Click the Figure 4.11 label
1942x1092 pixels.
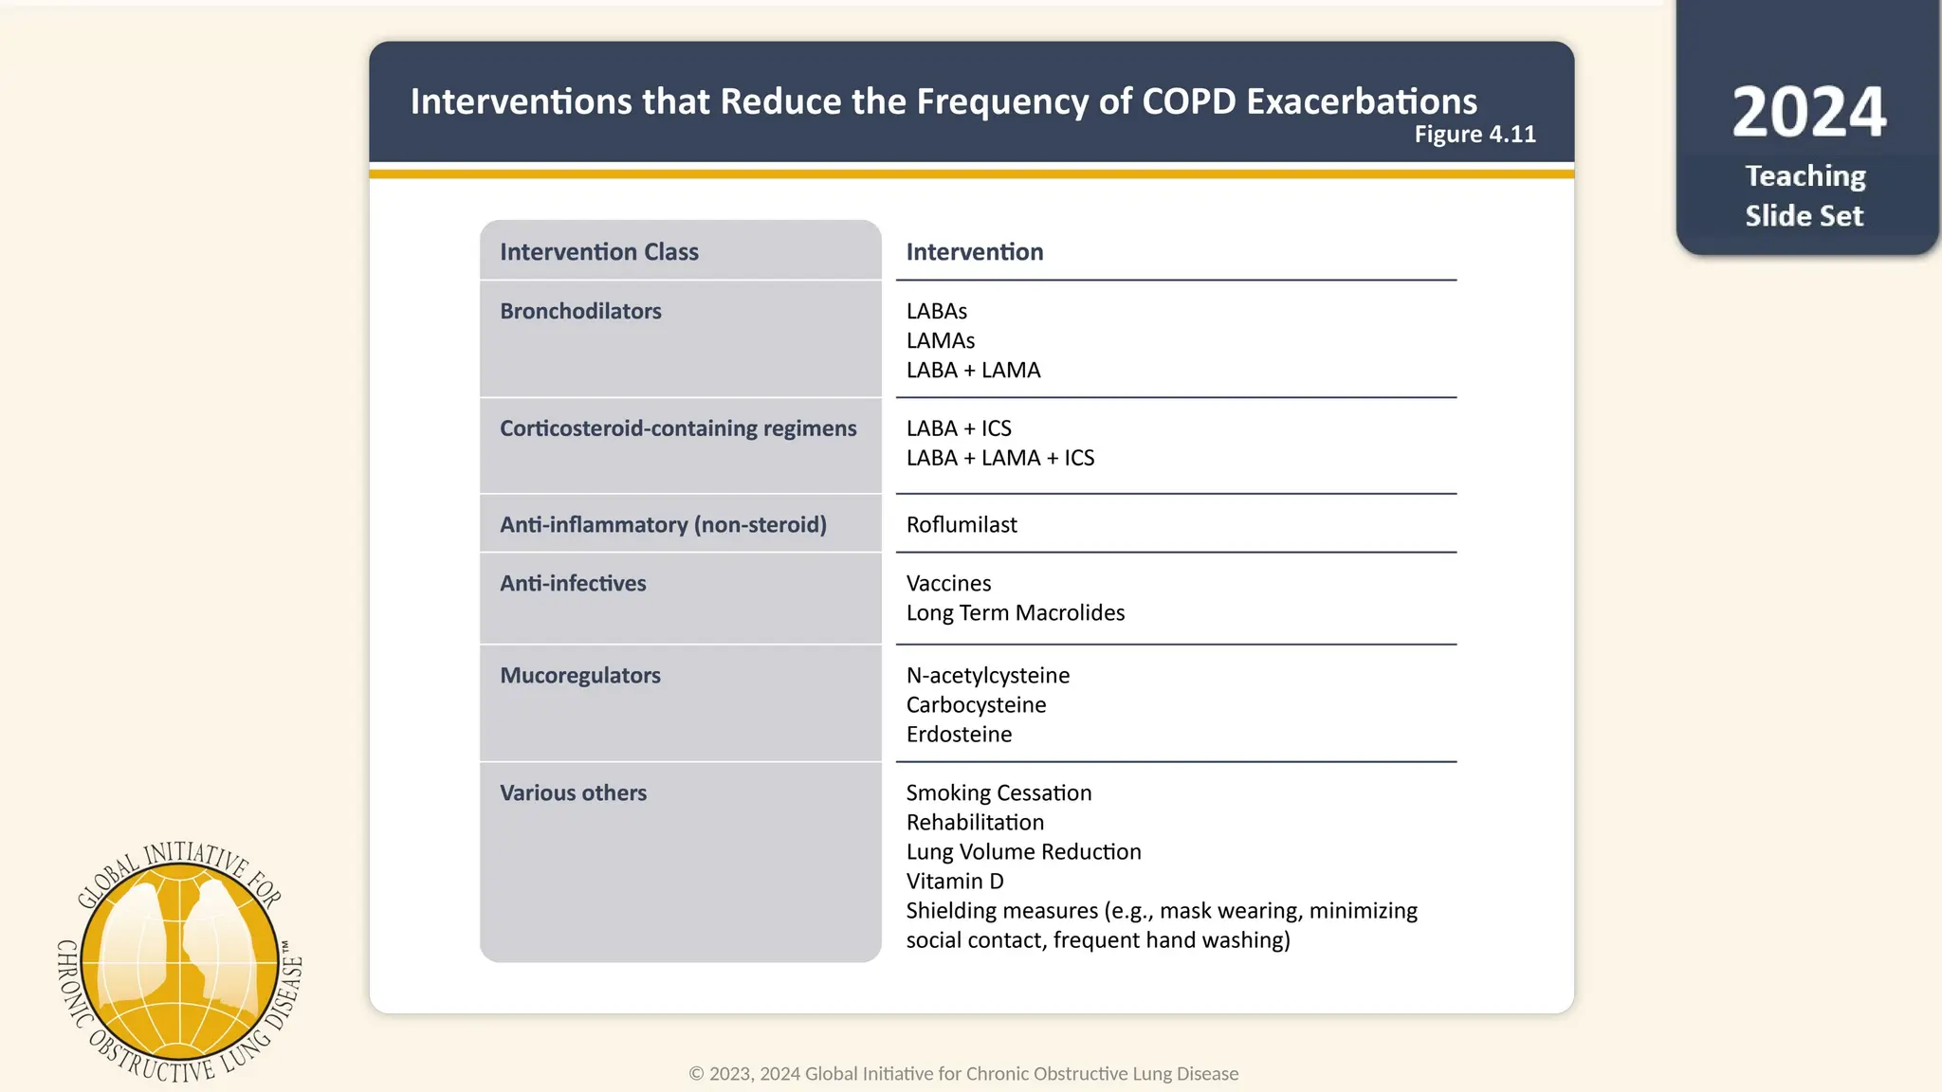point(1475,135)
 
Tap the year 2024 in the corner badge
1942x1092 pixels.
point(1808,112)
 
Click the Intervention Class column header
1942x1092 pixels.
point(598,252)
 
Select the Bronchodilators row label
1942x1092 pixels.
point(580,311)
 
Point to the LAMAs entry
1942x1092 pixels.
point(940,340)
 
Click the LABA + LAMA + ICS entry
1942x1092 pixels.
point(999,458)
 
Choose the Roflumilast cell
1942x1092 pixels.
point(961,524)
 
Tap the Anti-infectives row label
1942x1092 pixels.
point(573,583)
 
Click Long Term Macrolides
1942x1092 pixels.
point(1015,612)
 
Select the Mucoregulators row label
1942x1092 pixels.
point(579,675)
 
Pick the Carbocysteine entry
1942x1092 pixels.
point(976,704)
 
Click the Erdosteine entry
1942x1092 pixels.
point(959,734)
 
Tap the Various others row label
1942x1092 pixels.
point(573,792)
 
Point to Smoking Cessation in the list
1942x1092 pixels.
point(998,792)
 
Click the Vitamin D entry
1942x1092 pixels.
point(954,881)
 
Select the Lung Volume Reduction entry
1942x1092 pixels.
point(1023,851)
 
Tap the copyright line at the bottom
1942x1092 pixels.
point(963,1073)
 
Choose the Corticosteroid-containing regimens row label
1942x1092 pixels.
point(677,428)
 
